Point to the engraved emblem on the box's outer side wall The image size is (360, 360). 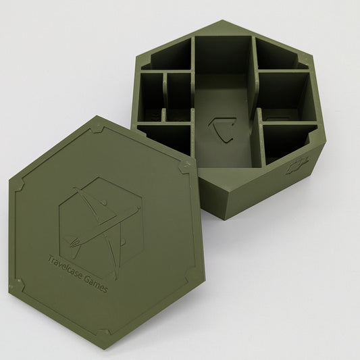point(297,165)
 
